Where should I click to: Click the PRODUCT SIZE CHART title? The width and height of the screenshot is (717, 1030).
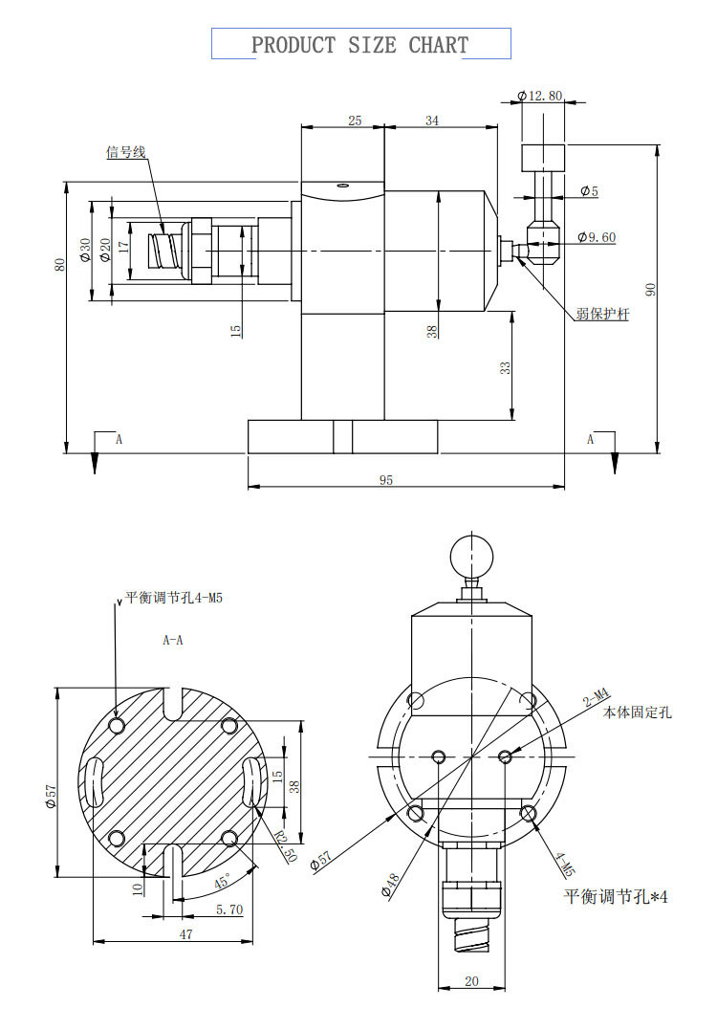(x=359, y=45)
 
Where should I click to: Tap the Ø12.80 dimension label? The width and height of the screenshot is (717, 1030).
(x=539, y=96)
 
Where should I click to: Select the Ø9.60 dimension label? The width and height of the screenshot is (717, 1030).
(x=597, y=237)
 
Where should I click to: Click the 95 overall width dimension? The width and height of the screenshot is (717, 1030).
(x=385, y=480)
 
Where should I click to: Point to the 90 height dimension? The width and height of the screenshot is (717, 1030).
(x=651, y=289)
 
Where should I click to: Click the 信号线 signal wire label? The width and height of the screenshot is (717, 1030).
(x=124, y=152)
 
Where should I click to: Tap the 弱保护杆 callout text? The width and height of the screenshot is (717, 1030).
(x=602, y=314)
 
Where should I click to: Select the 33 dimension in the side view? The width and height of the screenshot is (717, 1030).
(x=505, y=366)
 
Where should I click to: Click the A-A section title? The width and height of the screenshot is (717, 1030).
(x=173, y=641)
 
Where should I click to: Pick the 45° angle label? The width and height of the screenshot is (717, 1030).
(x=222, y=881)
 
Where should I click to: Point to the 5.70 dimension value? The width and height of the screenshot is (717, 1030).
(x=228, y=910)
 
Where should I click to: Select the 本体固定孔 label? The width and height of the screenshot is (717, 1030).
(x=637, y=712)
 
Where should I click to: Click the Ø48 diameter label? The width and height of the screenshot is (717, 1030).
(x=389, y=884)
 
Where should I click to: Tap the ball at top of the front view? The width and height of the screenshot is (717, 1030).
(x=471, y=554)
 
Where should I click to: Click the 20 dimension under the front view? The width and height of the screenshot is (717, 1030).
(x=470, y=981)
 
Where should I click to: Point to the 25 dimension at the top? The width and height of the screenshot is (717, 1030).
(x=355, y=121)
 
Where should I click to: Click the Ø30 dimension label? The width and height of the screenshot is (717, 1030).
(x=84, y=251)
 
